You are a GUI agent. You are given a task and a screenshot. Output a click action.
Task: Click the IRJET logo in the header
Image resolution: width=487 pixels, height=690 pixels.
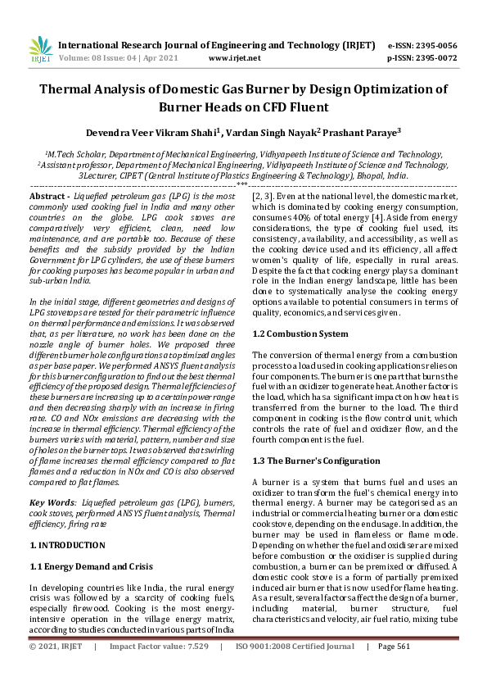41,49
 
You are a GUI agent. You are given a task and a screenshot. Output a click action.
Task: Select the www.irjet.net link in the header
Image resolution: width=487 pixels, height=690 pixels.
235,58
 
